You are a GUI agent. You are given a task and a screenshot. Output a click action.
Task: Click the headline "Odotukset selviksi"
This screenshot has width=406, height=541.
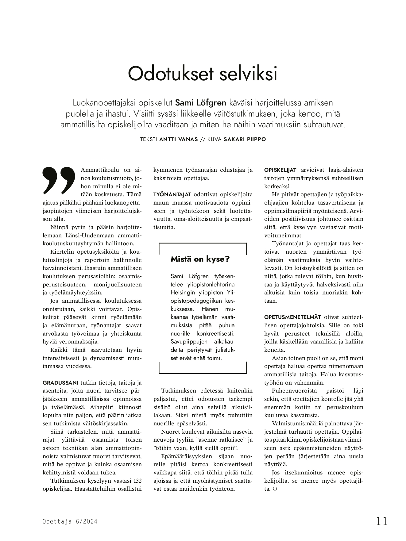tap(203, 74)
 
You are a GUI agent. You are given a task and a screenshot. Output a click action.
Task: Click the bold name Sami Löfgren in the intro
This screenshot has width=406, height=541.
tap(201, 102)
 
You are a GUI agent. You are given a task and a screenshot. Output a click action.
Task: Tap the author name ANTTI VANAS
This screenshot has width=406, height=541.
tap(179, 139)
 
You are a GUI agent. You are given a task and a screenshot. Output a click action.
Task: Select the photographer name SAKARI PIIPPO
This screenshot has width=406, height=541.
tap(245, 139)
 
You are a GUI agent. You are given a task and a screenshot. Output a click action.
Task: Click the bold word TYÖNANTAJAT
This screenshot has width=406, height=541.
tap(172, 194)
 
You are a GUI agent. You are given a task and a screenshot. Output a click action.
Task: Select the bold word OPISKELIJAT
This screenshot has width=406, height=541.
tap(280, 170)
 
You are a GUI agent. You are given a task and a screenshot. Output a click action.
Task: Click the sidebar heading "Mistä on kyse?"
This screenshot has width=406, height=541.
tap(200, 259)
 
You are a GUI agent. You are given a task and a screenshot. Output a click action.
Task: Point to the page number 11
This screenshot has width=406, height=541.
tap(382, 521)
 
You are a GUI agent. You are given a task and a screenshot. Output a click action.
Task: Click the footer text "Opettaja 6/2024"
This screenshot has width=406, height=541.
tap(70, 521)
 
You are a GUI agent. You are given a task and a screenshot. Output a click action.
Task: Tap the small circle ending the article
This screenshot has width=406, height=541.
tap(275, 489)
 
